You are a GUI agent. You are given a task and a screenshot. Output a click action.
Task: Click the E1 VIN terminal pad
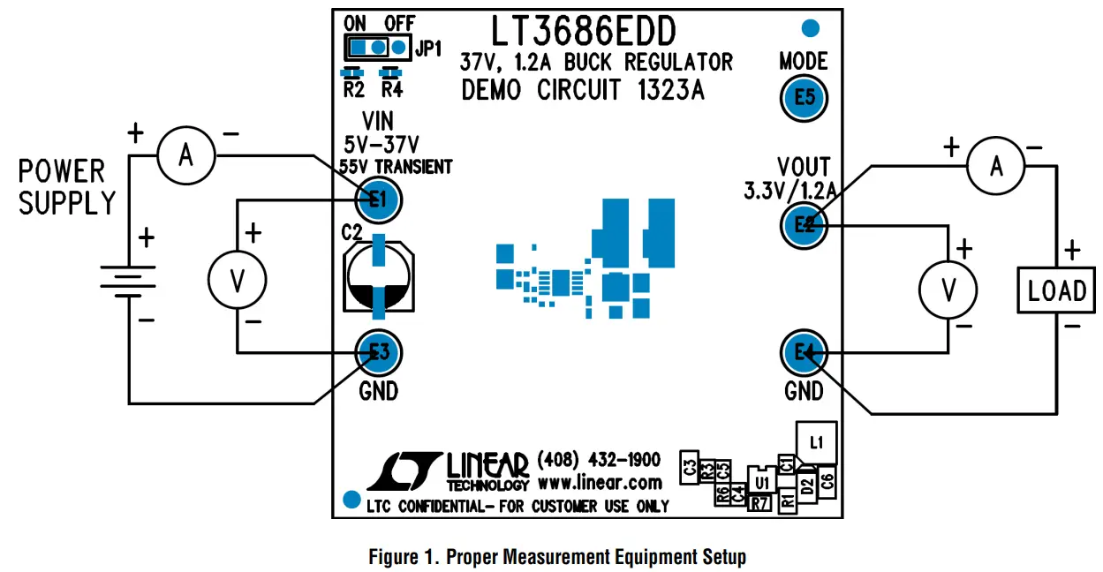[x=378, y=200]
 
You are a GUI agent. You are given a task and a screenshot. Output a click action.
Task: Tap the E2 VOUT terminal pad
[x=804, y=225]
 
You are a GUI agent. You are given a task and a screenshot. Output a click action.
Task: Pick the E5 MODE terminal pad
[x=804, y=98]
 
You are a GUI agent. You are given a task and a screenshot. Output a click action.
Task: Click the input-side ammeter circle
[x=185, y=156]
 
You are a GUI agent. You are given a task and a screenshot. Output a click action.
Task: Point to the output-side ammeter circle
[x=996, y=165]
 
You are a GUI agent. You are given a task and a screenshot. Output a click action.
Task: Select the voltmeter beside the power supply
[x=237, y=279]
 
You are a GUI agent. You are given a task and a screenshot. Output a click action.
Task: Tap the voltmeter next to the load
[x=949, y=289]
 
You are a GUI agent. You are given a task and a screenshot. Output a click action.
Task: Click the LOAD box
[x=1057, y=290]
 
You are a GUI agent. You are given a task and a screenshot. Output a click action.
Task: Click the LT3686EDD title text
[x=584, y=32]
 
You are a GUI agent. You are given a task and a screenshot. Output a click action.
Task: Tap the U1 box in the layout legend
[x=761, y=481]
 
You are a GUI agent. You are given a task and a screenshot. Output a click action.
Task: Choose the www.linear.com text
[x=599, y=482]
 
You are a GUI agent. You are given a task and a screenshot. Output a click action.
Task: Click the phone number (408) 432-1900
[x=598, y=460]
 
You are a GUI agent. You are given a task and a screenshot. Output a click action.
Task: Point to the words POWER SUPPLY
[x=67, y=187]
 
